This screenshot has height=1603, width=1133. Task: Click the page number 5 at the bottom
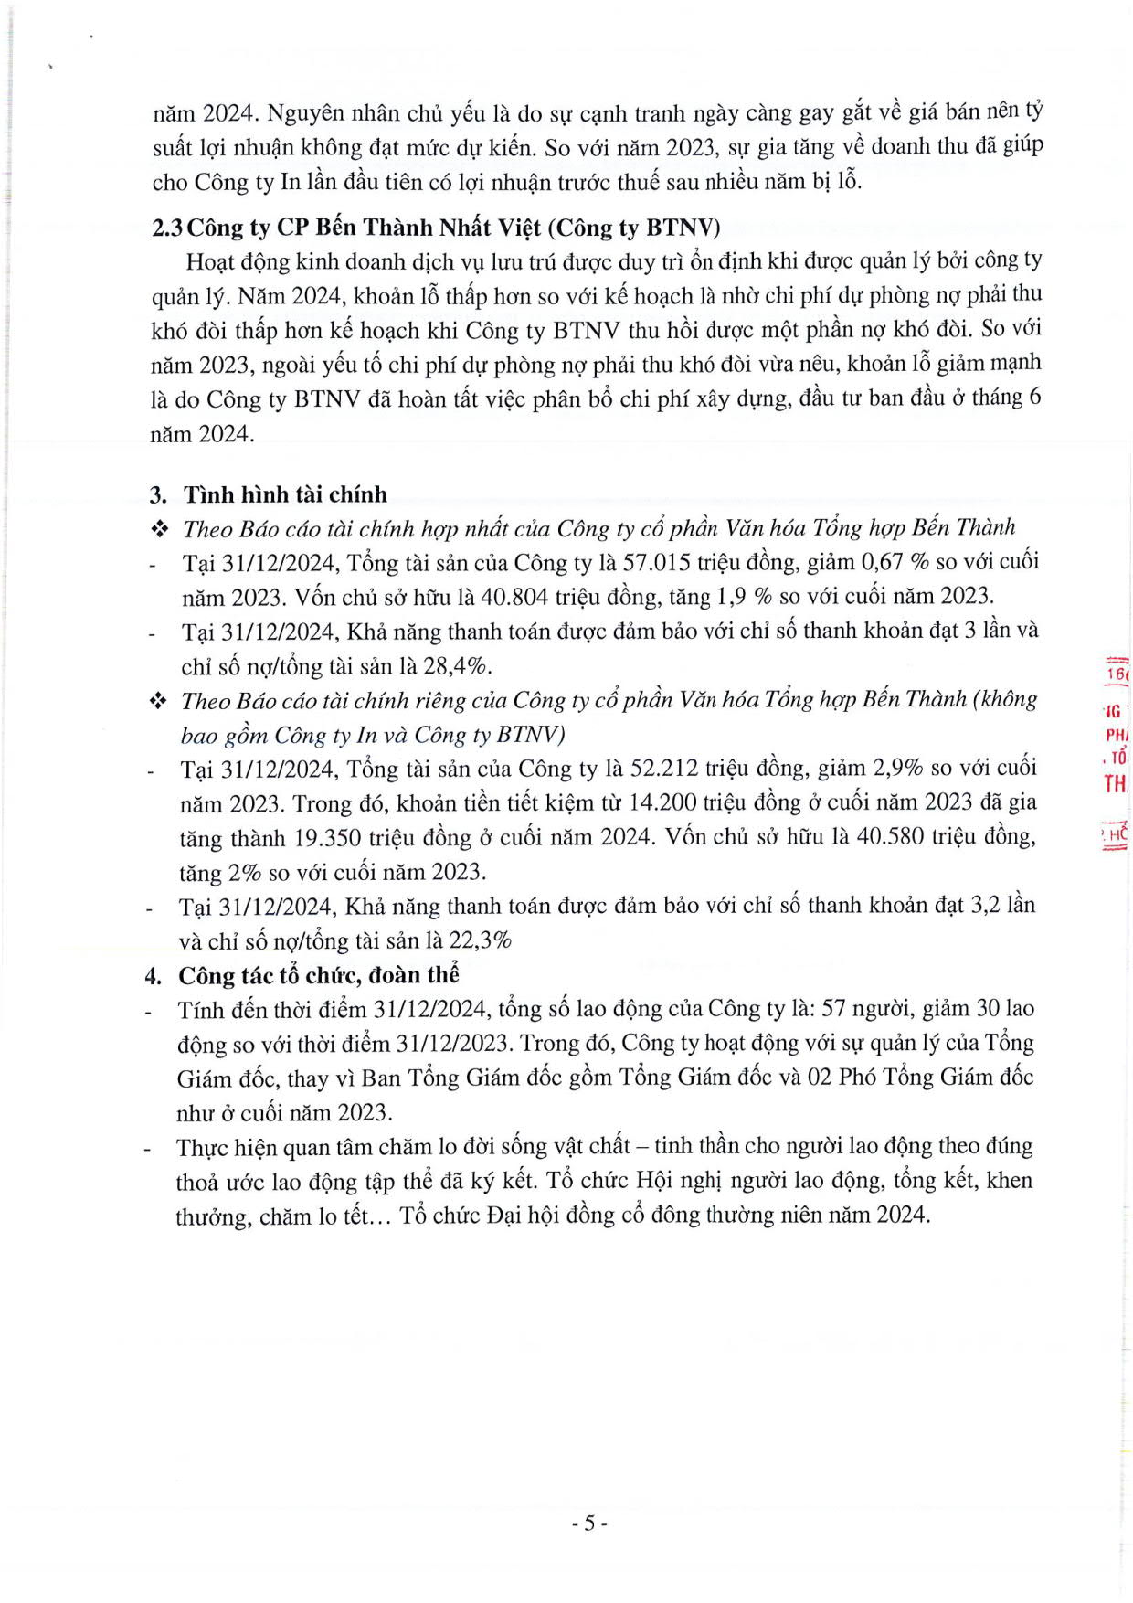[x=589, y=1523]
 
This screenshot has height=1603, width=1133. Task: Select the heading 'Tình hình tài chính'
[x=285, y=494]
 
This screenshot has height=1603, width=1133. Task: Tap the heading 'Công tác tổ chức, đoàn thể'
[x=319, y=975]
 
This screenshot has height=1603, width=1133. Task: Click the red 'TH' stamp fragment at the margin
[x=1115, y=784]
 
